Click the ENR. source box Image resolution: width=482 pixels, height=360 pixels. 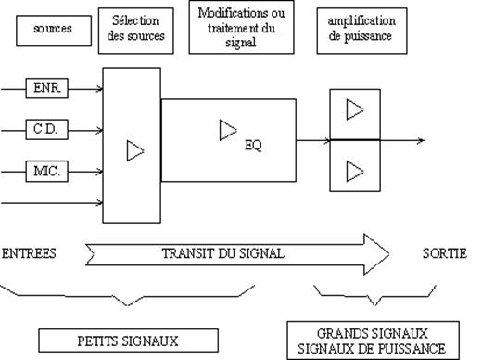click(x=46, y=88)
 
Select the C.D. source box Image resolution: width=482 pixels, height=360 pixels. click(x=46, y=129)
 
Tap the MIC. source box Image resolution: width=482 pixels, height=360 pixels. click(x=46, y=171)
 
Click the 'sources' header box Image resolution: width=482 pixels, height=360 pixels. click(x=54, y=31)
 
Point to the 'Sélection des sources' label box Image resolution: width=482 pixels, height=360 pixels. click(x=136, y=31)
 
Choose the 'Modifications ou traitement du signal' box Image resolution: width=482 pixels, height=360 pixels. click(x=241, y=27)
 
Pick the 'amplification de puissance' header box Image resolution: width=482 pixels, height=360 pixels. click(x=361, y=31)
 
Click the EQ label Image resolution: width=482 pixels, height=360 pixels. click(x=253, y=146)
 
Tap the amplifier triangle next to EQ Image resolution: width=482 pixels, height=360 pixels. click(x=228, y=130)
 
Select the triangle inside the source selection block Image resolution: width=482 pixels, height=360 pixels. click(x=135, y=151)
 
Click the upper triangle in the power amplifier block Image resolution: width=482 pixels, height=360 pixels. click(x=355, y=109)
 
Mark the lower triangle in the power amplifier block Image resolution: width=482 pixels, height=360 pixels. click(x=355, y=171)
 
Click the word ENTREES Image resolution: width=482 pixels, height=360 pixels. click(x=29, y=253)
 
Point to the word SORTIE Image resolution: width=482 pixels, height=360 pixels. click(x=445, y=253)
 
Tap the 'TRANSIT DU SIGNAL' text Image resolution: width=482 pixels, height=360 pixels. click(x=223, y=253)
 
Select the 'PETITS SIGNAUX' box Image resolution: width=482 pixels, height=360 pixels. click(x=129, y=341)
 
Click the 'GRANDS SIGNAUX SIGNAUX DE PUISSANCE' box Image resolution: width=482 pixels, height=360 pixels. click(x=373, y=341)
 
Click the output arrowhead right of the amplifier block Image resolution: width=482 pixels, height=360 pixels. click(x=421, y=140)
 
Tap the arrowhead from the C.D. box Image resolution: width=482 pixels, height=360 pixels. click(x=99, y=130)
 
